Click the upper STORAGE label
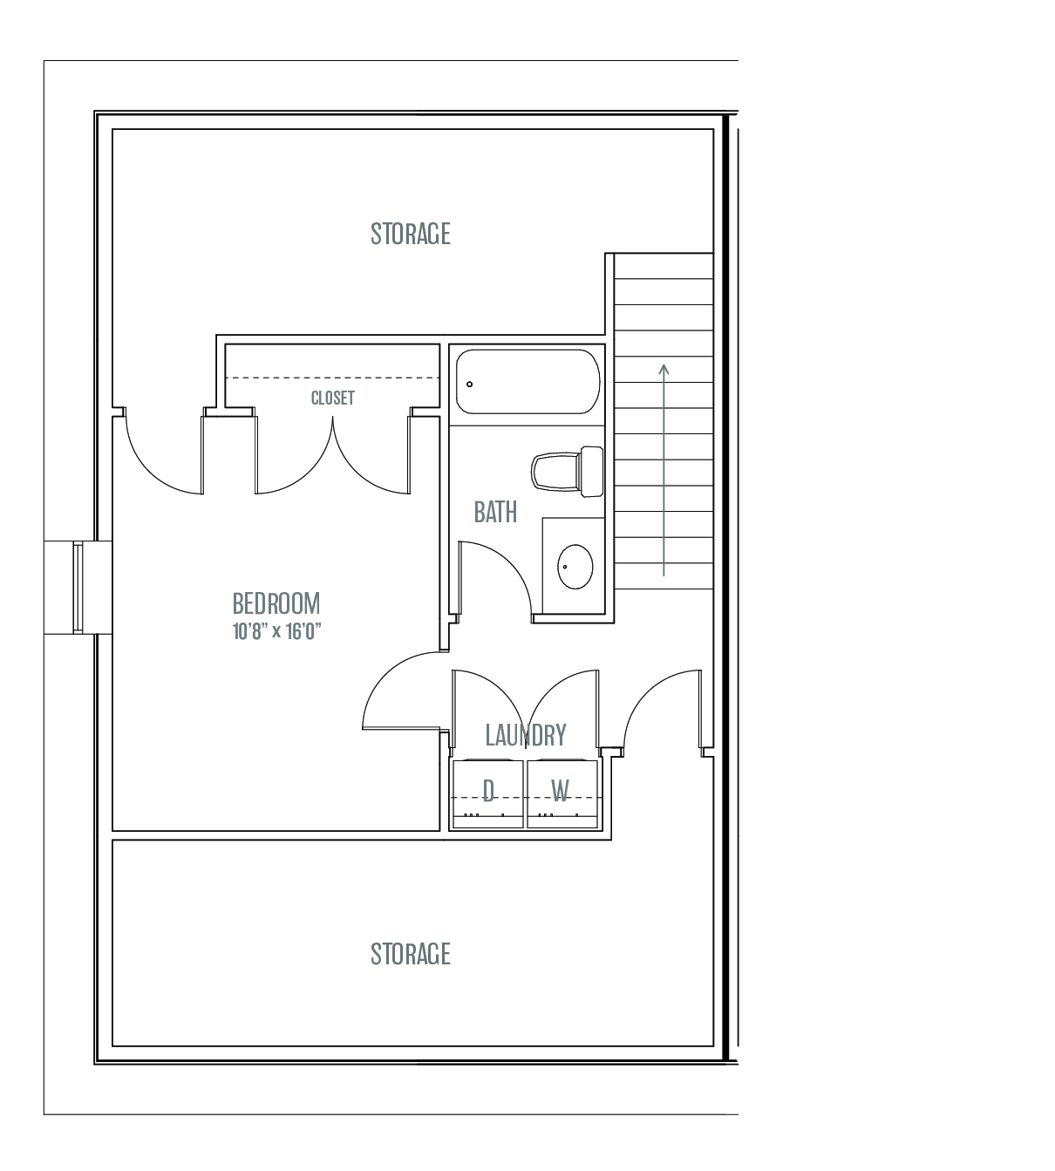(411, 234)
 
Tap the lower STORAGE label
(411, 954)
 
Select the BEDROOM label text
(276, 603)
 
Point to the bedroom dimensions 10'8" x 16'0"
(276, 631)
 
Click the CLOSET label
(333, 398)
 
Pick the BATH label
(495, 512)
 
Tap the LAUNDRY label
(526, 735)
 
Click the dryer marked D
(488, 793)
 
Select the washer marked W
(562, 793)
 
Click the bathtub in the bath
(527, 382)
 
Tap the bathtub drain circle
(469, 385)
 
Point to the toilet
(568, 472)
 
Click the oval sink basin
(575, 566)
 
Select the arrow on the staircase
(664, 470)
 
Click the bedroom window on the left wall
(78, 588)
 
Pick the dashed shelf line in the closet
(332, 378)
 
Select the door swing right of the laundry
(648, 689)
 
